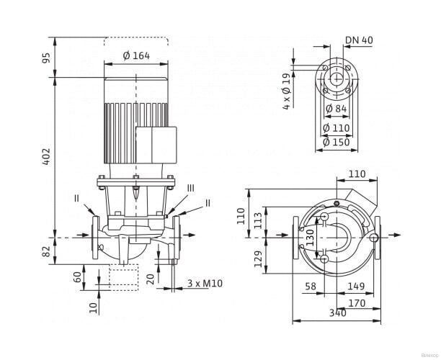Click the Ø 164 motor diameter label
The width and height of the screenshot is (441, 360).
136,56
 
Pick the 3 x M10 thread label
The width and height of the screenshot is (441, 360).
205,284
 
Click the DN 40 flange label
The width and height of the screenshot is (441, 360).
359,40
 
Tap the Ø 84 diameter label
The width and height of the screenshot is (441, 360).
337,109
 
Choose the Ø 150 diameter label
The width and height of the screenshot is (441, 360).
337,142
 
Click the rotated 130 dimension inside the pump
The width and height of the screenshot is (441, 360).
311,237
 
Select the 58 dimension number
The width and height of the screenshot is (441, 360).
311,287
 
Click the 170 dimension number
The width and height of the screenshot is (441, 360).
355,303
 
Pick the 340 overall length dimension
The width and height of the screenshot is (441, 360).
337,313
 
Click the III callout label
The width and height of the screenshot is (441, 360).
190,187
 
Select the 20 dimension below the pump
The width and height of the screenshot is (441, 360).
149,279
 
